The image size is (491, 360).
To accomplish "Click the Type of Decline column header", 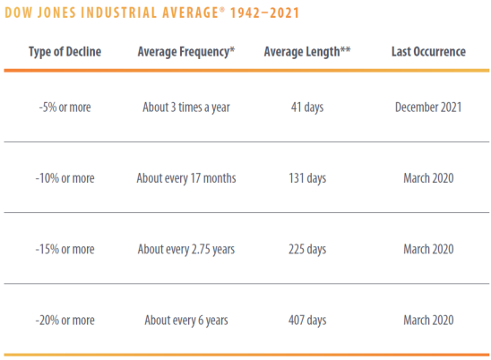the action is (x=65, y=52).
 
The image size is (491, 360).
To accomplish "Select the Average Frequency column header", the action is (x=186, y=52).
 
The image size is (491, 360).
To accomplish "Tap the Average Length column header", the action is (x=307, y=52).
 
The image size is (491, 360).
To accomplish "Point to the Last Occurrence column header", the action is (x=428, y=52).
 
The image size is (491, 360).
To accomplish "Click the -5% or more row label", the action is (x=65, y=107).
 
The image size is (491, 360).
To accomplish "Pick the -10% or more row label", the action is (x=65, y=178).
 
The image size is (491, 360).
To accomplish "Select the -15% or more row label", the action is (x=65, y=250).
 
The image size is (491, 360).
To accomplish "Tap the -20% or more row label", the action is (x=65, y=321).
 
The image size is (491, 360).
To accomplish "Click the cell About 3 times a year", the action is (x=186, y=107).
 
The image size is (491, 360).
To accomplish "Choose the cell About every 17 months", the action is (x=186, y=179).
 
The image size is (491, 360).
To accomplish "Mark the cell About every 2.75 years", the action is (x=186, y=250).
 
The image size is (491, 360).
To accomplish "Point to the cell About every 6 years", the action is (x=186, y=321).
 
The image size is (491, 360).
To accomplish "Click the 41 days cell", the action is (x=307, y=107).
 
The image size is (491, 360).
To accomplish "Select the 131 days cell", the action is (x=307, y=179).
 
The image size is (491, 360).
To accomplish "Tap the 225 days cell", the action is (x=307, y=250).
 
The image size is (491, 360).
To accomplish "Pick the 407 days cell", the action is (x=307, y=321).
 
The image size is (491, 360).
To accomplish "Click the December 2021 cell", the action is (x=428, y=107).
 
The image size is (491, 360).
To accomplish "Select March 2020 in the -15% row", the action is (x=428, y=250).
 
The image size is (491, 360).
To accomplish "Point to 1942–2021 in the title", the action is (x=265, y=13).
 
